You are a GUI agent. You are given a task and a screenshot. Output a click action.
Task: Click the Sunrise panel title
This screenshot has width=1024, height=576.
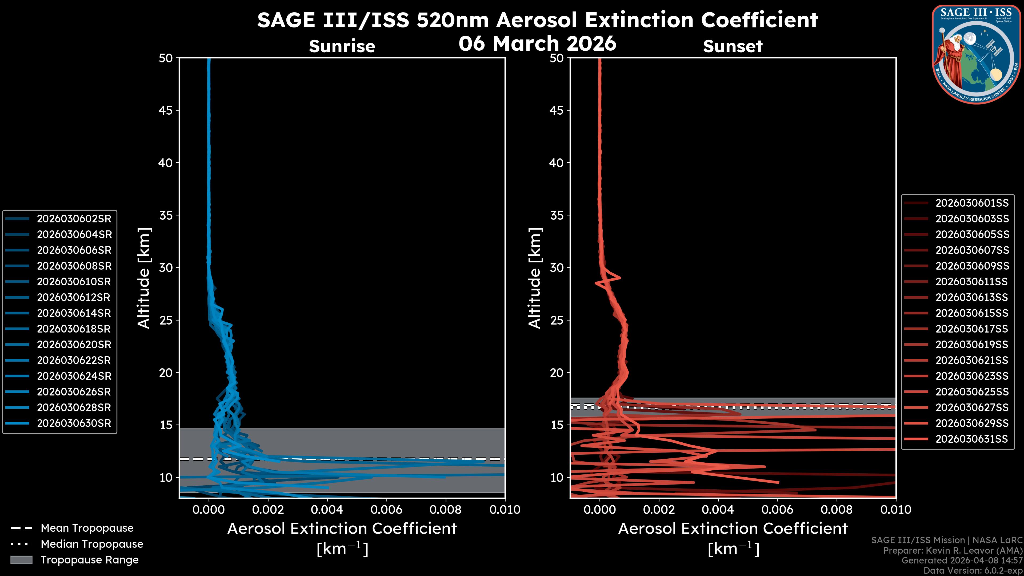click(342, 46)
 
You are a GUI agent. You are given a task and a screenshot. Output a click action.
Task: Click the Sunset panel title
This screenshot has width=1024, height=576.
click(733, 46)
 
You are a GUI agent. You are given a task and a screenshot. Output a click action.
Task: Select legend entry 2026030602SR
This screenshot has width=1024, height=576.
click(74, 219)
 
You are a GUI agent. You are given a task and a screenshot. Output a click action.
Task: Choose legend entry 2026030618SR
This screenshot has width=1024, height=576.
click(74, 329)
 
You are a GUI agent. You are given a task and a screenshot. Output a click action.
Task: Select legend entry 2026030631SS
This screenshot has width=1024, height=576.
click(971, 439)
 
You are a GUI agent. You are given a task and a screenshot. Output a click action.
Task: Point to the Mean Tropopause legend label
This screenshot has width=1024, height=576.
click(87, 528)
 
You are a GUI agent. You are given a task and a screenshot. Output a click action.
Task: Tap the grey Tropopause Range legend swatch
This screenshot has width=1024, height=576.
click(21, 560)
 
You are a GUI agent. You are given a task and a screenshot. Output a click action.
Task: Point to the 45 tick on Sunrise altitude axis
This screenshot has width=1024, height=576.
click(166, 110)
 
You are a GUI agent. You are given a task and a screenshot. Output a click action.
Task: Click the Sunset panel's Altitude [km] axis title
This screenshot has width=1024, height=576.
click(535, 278)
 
